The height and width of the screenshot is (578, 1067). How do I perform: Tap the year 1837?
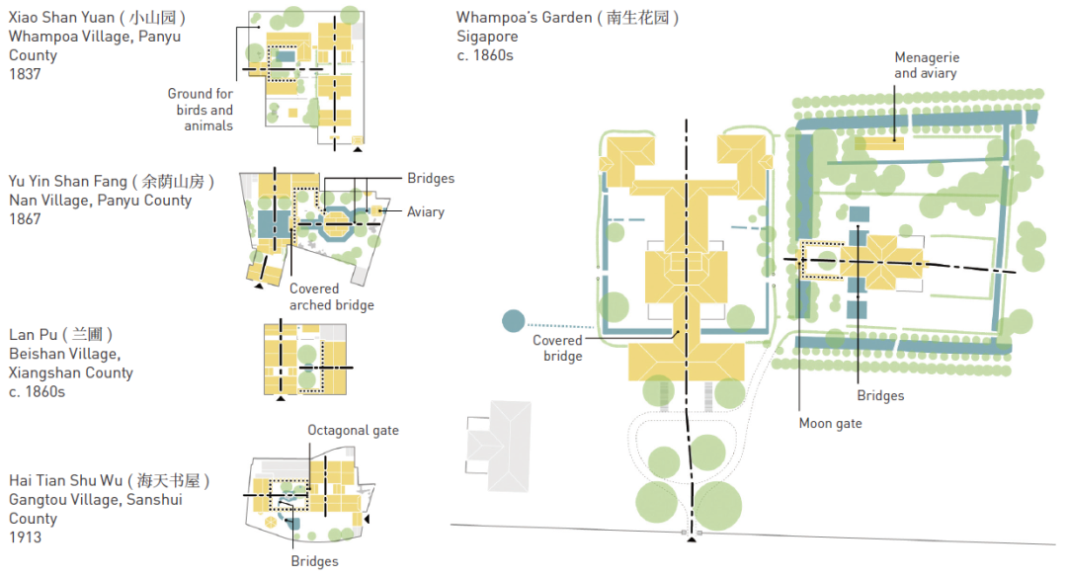point(25,74)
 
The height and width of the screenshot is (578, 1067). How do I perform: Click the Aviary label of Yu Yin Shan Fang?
point(426,212)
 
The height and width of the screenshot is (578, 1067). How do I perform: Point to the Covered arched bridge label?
point(331,297)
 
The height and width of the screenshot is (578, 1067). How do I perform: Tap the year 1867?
point(25,219)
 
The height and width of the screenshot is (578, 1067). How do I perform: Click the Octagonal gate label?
point(353,431)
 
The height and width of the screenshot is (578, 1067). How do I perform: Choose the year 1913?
point(25,537)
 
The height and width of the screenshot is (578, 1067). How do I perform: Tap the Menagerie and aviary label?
point(926,66)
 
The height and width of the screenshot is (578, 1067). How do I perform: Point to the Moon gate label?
point(830,424)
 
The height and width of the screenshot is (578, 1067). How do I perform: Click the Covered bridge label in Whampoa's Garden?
point(557,348)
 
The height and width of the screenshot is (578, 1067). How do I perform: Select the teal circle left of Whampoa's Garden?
point(514,322)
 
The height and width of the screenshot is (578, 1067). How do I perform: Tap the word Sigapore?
point(487,37)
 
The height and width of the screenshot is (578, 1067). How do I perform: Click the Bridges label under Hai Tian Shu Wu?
point(314,561)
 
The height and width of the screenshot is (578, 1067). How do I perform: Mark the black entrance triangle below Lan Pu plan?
point(281,398)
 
